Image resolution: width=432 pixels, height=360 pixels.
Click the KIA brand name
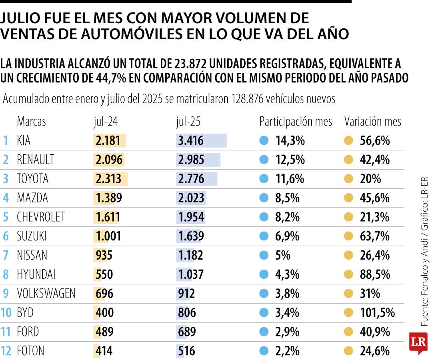[x=24, y=140]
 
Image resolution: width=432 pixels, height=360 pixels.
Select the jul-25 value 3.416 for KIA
[x=191, y=140]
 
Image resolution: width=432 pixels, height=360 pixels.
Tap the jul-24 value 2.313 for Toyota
[x=108, y=179]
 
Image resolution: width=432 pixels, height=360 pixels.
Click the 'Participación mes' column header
[x=296, y=122]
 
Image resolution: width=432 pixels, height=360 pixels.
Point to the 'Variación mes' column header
[x=373, y=122]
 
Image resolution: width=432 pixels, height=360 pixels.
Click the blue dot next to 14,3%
[x=264, y=140]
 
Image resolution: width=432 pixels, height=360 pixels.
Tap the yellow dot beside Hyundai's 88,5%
[x=349, y=274]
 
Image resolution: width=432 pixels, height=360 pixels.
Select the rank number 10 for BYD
[x=6, y=312]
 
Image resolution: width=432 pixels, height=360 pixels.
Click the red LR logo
[x=418, y=342]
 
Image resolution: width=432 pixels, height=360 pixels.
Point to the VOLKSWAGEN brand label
[x=46, y=294]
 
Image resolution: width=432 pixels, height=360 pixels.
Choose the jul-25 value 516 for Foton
[x=187, y=351]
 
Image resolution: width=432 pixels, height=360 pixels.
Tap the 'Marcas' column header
[x=31, y=122]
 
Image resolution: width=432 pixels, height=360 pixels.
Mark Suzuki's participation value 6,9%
[x=287, y=236]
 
